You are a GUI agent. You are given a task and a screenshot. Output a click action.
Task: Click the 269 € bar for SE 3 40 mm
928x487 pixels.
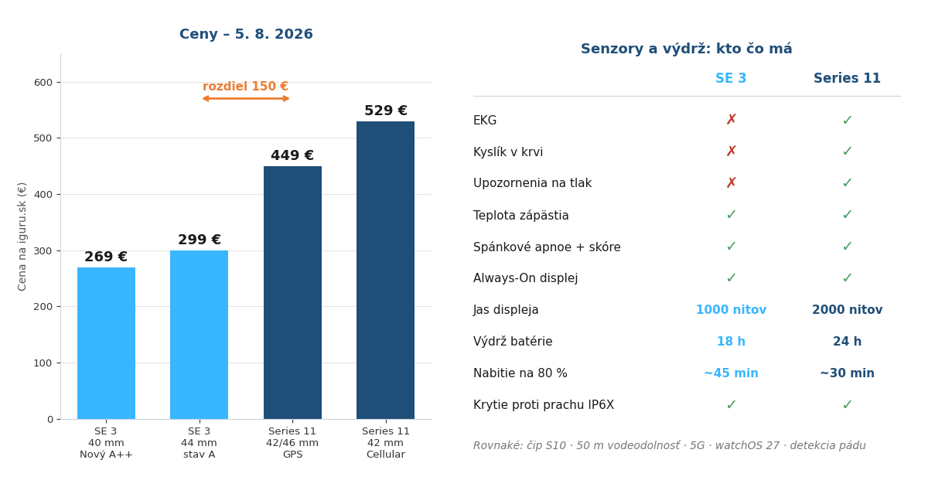[106, 343]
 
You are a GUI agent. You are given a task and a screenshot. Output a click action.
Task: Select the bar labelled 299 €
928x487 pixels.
[199, 335]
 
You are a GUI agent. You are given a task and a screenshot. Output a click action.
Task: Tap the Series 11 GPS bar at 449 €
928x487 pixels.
[292, 293]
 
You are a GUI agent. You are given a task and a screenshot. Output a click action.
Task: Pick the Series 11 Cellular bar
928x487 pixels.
[385, 271]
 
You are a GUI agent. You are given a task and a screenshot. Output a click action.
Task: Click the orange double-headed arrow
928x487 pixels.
[246, 99]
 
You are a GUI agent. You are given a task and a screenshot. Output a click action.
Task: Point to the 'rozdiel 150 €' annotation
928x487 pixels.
[245, 86]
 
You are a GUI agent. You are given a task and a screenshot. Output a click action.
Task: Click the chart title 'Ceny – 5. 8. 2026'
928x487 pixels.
[246, 34]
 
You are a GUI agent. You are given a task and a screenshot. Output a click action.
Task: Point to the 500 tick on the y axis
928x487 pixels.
[43, 138]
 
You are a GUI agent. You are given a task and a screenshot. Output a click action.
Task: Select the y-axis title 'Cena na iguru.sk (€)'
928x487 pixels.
[22, 237]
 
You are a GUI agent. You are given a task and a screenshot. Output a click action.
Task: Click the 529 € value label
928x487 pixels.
[386, 111]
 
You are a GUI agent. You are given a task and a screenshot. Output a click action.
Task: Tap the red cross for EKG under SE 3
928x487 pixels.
[732, 120]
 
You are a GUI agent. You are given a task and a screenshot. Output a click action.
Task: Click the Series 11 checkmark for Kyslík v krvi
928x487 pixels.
[848, 152]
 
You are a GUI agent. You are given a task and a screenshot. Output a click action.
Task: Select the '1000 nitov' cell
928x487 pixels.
[732, 310]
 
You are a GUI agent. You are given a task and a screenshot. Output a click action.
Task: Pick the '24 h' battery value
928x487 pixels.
[848, 342]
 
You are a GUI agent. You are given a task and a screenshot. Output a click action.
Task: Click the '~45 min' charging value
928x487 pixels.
[732, 373]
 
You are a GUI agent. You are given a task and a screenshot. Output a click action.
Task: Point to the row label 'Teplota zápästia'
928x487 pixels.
[520, 216]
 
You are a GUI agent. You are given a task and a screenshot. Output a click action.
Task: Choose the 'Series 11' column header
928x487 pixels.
[848, 78]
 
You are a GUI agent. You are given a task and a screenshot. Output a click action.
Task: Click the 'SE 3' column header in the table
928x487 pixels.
[731, 78]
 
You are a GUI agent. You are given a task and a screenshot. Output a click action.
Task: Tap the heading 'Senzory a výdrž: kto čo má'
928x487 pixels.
[687, 49]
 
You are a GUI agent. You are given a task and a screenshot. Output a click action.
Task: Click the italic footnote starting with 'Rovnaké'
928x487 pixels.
[670, 445]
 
